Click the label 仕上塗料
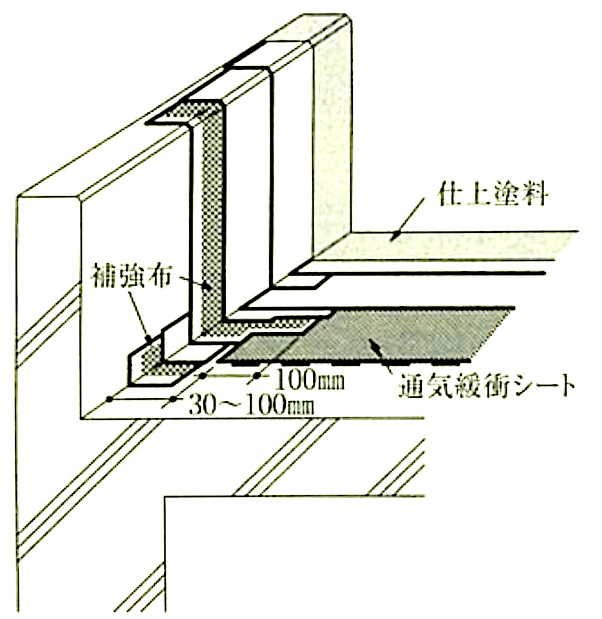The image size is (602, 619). click(x=492, y=194)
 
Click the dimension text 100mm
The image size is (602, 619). click(x=308, y=380)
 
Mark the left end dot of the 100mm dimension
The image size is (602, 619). click(x=203, y=376)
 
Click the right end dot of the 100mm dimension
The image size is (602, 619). click(x=256, y=376)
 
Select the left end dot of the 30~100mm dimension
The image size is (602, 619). click(x=110, y=399)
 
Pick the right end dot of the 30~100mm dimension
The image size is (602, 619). click(x=173, y=399)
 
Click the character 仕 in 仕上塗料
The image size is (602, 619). click(x=450, y=194)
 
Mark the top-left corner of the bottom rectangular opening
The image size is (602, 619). click(x=165, y=497)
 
